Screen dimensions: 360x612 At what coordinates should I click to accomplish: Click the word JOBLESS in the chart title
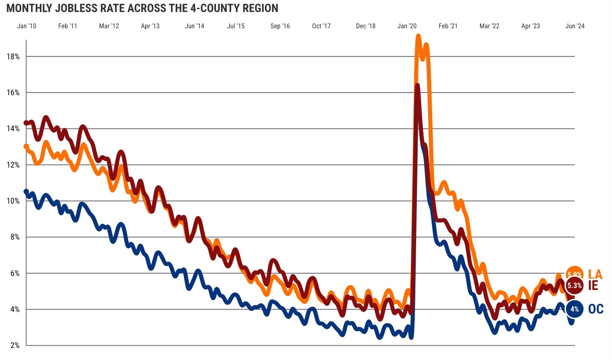pyautogui.click(x=73, y=8)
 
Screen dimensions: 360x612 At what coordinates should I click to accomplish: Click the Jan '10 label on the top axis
pyautogui.click(x=27, y=26)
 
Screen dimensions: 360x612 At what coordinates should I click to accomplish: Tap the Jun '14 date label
pyautogui.click(x=194, y=26)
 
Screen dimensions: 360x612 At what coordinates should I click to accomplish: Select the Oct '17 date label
pyautogui.click(x=321, y=26)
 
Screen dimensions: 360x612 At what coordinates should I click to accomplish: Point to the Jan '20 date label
pyautogui.click(x=407, y=26)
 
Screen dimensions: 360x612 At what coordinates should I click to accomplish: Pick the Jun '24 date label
pyautogui.click(x=575, y=26)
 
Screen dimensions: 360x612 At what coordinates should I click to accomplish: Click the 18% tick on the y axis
pyautogui.click(x=13, y=57)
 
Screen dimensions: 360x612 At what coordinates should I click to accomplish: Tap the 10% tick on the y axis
pyautogui.click(x=13, y=201)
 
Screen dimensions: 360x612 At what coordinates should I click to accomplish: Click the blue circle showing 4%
pyautogui.click(x=574, y=309)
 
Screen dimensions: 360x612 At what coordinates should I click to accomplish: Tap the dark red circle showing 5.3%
pyautogui.click(x=574, y=286)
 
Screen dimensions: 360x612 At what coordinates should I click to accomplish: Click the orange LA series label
pyautogui.click(x=595, y=274)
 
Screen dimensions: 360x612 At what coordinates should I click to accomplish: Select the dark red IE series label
pyautogui.click(x=593, y=286)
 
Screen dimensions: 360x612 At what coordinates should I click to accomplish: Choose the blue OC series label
pyautogui.click(x=596, y=309)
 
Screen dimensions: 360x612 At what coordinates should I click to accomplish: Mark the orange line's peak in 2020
pyautogui.click(x=418, y=37)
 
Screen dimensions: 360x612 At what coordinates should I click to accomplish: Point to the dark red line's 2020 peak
pyautogui.click(x=417, y=85)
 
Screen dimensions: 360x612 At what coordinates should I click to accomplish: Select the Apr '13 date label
pyautogui.click(x=150, y=26)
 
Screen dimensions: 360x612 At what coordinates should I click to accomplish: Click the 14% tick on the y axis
pyautogui.click(x=13, y=129)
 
